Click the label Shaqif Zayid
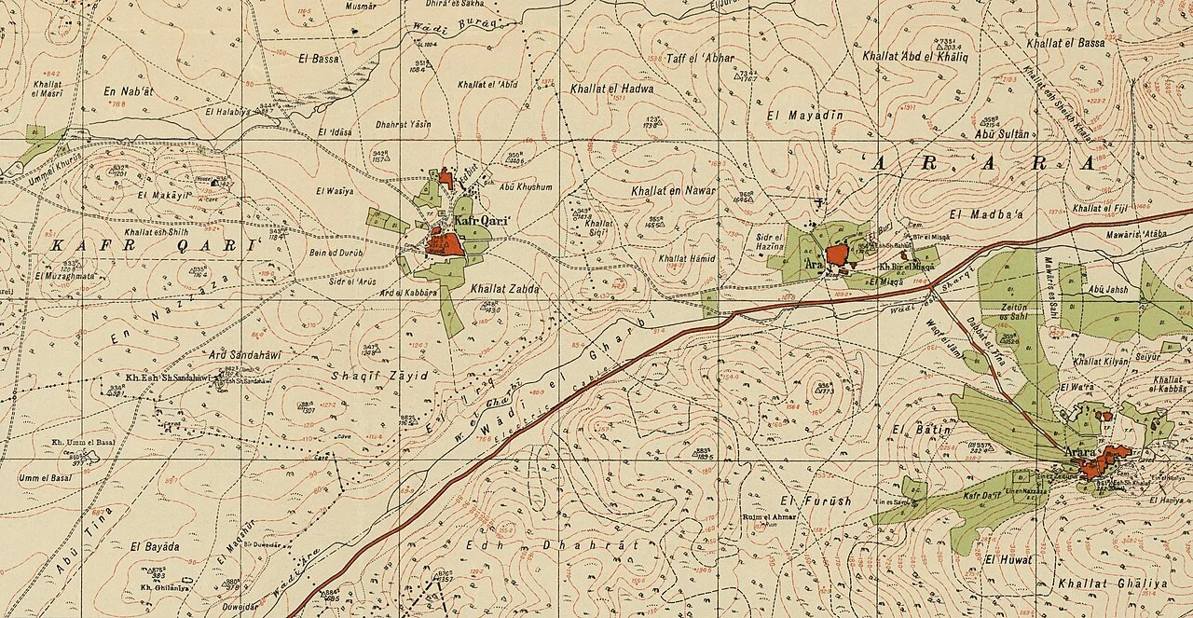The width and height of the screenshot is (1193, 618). coord(379,375)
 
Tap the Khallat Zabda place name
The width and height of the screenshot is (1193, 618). coord(504,289)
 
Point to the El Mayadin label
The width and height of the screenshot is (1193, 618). coord(803,116)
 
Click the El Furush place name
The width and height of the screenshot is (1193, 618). coord(816,501)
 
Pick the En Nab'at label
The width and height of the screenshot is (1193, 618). coord(129,91)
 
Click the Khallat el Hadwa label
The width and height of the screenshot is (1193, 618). coord(610,89)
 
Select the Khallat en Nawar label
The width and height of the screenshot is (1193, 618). coord(673,191)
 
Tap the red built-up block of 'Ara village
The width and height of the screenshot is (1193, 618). coord(836,254)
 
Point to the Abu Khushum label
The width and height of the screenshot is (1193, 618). coord(526,186)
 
